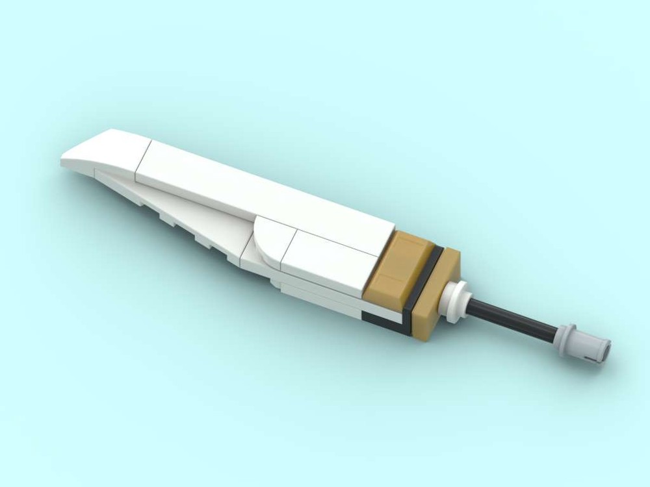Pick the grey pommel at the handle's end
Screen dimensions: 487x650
[x=585, y=342]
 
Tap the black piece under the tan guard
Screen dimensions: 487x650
[x=383, y=318]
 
